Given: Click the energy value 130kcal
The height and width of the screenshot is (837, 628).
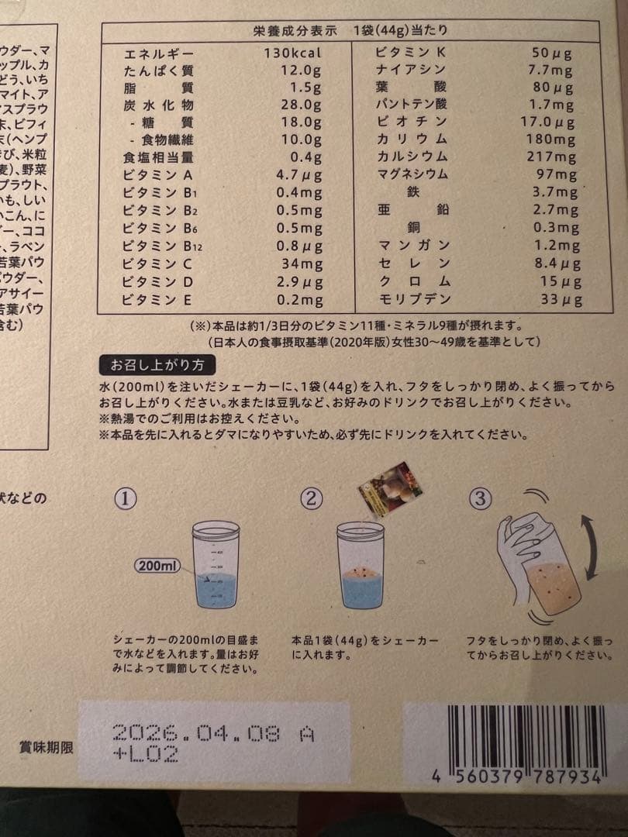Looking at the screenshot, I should [291, 53].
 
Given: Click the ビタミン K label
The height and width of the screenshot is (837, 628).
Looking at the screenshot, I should [411, 53].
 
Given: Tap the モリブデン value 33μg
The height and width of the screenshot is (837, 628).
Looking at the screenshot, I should [556, 299].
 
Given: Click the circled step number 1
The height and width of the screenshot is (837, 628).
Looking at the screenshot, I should [125, 498].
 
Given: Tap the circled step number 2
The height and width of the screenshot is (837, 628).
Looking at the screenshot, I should [310, 498].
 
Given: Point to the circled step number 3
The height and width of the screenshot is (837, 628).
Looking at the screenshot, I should [481, 498].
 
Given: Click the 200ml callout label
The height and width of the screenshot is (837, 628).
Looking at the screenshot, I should [157, 566].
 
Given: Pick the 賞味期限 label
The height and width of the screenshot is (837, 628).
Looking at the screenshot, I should [46, 748].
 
